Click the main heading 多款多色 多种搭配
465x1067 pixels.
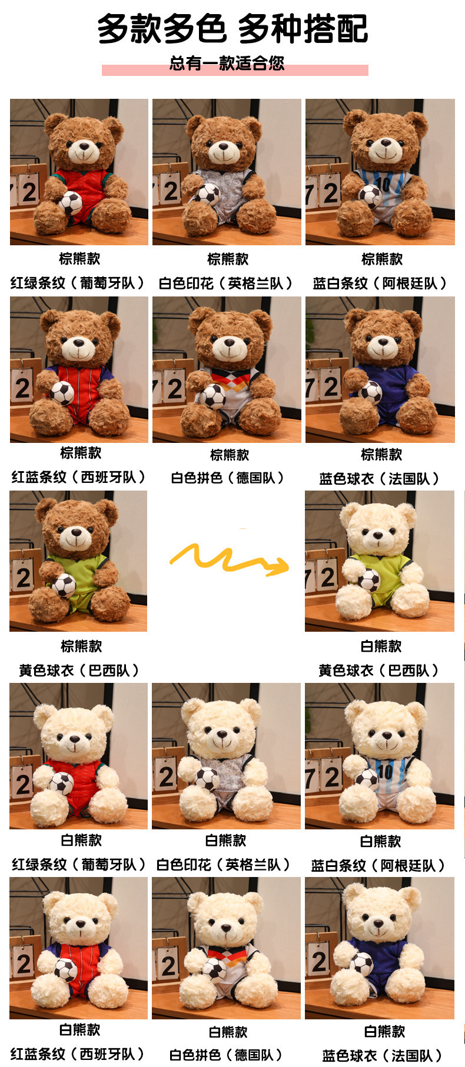pyautogui.click(x=232, y=28)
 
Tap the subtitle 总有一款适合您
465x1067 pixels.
pyautogui.click(x=227, y=64)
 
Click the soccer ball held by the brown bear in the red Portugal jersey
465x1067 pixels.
pyautogui.click(x=71, y=203)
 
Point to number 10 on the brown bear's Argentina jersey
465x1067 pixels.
pyautogui.click(x=383, y=184)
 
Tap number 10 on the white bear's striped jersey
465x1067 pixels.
pyautogui.click(x=385, y=770)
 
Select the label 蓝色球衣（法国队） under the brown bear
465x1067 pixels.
pyautogui.click(x=380, y=479)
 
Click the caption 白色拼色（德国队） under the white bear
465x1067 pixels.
pyautogui.click(x=227, y=1055)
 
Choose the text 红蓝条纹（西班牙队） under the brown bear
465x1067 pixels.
pyautogui.click(x=79, y=477)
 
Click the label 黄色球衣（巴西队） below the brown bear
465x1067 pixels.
pyautogui.click(x=79, y=671)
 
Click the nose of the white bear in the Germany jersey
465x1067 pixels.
pyautogui.click(x=227, y=929)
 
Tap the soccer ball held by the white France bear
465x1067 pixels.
pyautogui.click(x=361, y=963)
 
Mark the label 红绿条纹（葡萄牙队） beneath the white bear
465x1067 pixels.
pyautogui.click(x=79, y=865)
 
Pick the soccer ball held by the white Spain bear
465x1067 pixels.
pyautogui.click(x=65, y=969)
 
